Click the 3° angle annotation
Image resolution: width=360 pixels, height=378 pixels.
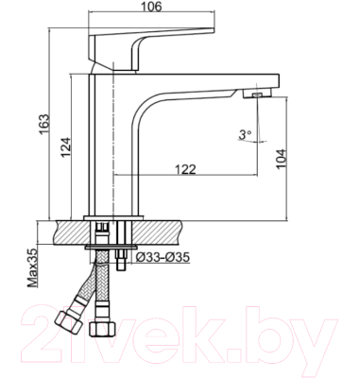pos(246,136)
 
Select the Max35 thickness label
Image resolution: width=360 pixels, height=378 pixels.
pos(31,266)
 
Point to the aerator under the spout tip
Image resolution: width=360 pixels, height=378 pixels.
pos(255,94)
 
